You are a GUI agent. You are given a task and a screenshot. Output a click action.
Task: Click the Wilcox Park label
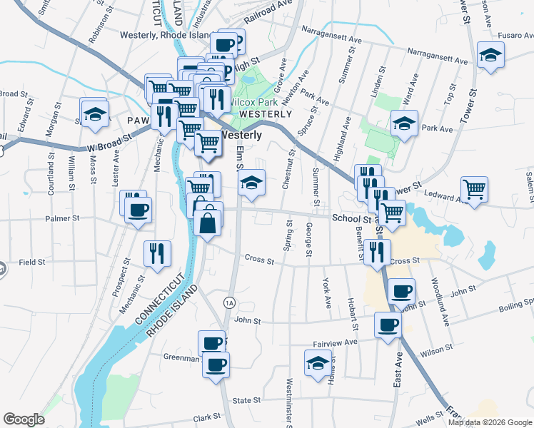tap(253, 102)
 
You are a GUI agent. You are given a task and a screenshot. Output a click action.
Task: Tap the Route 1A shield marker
tap(228, 301)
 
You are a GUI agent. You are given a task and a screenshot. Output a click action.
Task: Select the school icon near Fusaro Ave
tap(490, 56)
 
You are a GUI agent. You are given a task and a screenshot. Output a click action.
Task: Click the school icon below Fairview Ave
tap(318, 363)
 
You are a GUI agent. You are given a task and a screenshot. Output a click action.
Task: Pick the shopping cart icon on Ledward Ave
tap(475, 189)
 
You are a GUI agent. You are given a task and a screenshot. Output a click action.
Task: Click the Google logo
tap(24, 419)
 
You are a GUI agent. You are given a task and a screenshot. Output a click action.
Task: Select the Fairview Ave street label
tap(338, 342)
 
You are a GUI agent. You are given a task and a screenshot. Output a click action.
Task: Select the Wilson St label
tap(439, 352)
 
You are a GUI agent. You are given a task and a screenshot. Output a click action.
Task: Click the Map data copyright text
tap(489, 422)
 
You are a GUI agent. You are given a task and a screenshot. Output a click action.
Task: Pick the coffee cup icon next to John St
tap(402, 291)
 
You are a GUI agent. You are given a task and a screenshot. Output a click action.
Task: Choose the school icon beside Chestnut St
tap(251, 183)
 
